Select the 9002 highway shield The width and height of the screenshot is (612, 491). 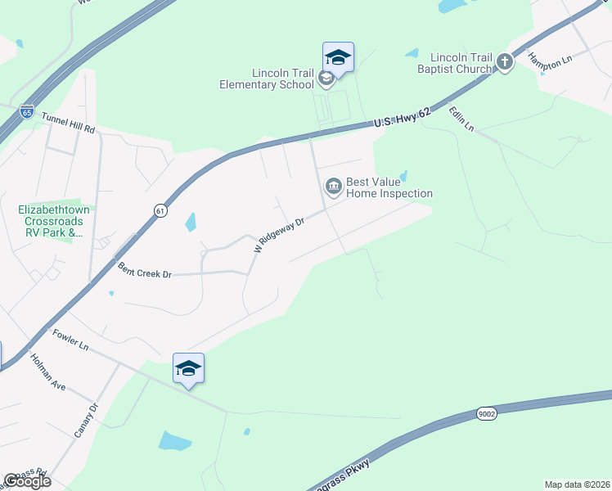click(x=485, y=415)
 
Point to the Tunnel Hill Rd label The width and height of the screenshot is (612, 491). click(x=68, y=124)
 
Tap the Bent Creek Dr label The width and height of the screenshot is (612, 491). click(x=144, y=270)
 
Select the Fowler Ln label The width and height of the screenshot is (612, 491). click(x=70, y=340)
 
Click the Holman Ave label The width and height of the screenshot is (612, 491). click(x=47, y=371)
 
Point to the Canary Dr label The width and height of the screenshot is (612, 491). click(x=86, y=420)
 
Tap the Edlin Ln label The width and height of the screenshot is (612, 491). click(x=461, y=118)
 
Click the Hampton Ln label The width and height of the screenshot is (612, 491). click(x=548, y=56)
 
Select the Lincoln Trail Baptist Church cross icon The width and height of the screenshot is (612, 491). click(x=505, y=61)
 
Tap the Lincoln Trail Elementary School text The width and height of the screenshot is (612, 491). click(x=267, y=79)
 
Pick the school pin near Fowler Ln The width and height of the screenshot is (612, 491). click(x=188, y=370)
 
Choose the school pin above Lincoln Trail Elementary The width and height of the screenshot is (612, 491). click(x=338, y=58)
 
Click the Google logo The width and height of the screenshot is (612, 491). click(x=27, y=481)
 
